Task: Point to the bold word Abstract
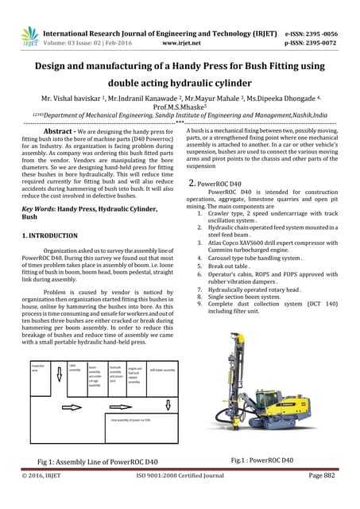tap(58, 131)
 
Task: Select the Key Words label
tap(39, 207)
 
